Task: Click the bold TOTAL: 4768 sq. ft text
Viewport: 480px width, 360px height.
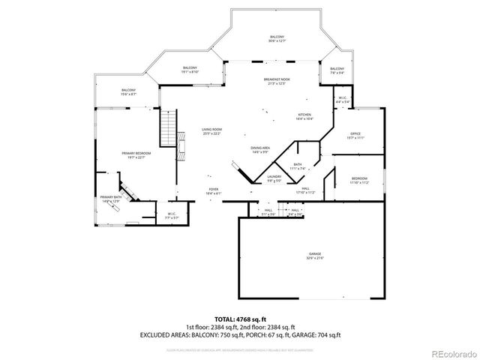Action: coord(239,319)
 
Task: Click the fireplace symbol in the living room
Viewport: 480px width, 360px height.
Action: coord(181,144)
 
